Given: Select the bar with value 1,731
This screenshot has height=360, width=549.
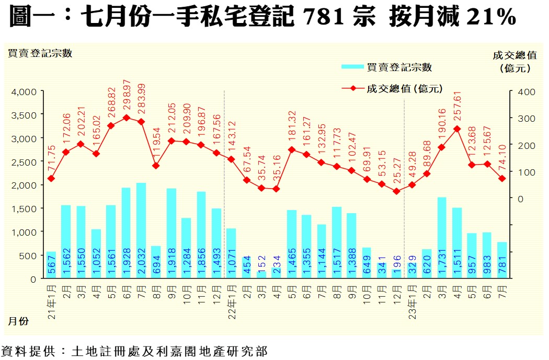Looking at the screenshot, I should [x=442, y=238].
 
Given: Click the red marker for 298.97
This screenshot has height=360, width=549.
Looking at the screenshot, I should [x=126, y=118].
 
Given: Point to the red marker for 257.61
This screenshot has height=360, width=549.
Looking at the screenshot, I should [x=458, y=129].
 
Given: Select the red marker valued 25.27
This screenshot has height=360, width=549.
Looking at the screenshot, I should [x=397, y=191].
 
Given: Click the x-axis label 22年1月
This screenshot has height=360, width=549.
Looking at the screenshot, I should [x=231, y=298].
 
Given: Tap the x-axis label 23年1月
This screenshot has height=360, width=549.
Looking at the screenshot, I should [x=412, y=298].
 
